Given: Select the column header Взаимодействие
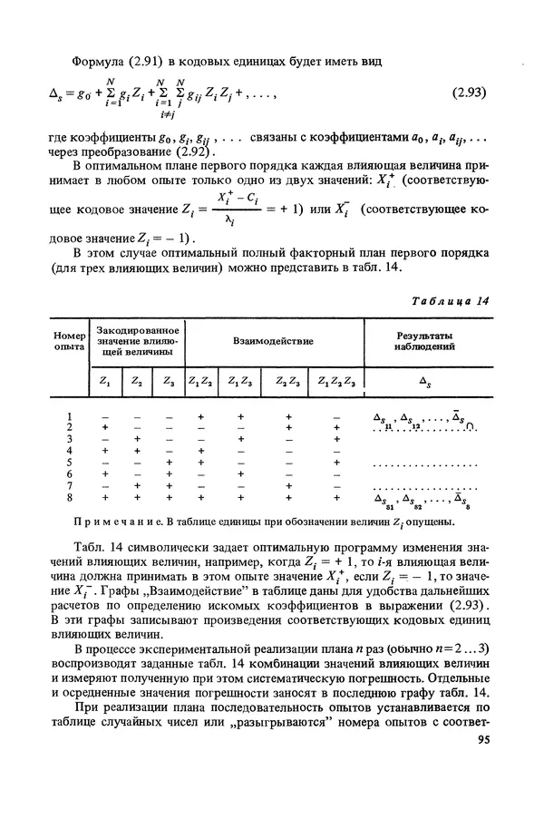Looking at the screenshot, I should pos(273,342).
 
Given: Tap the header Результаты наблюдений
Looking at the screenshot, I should pos(423,342).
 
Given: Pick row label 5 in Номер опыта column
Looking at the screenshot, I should pos(69,462).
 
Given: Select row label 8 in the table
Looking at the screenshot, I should pos(69,497).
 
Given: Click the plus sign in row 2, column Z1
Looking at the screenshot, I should pos(106,426).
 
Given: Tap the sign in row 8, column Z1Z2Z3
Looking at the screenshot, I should pos(336,497).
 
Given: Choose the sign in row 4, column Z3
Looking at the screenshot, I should pos(168,450).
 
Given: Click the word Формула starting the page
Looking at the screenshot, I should pos(99,61).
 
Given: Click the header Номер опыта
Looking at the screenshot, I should pos(69,342).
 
